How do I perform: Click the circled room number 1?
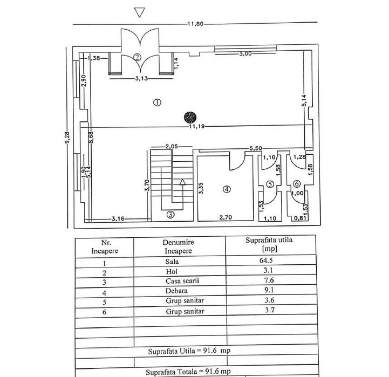tap(157, 102)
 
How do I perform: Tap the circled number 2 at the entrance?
tap(138, 57)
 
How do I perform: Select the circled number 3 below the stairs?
tap(170, 215)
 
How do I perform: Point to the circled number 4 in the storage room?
tap(227, 189)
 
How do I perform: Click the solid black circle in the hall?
tap(189, 116)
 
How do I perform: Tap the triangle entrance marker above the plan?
tap(140, 12)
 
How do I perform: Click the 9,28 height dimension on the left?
tap(68, 139)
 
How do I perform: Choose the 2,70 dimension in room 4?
tap(224, 217)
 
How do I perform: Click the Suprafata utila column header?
tap(265, 244)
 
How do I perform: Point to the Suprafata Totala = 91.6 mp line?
tap(189, 372)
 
